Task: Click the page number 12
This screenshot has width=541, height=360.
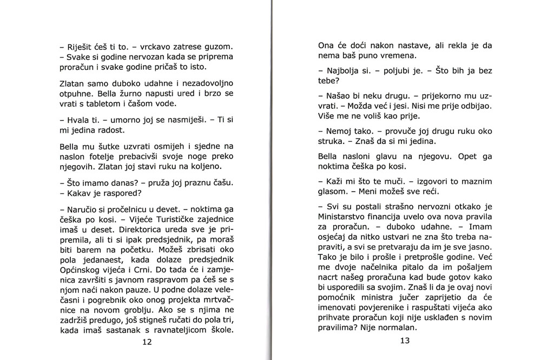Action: click(147, 342)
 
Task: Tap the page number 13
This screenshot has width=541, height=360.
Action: click(405, 341)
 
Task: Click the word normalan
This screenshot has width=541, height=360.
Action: click(396, 328)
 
